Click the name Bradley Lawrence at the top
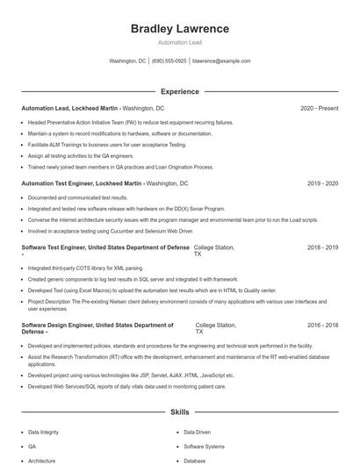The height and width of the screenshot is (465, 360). (x=179, y=29)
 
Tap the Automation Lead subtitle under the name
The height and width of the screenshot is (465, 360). (x=179, y=42)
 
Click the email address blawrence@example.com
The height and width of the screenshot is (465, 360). (x=221, y=61)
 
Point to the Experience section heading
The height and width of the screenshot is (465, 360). (x=179, y=91)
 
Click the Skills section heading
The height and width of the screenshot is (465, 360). (x=179, y=411)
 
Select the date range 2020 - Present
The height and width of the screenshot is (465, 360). (x=319, y=109)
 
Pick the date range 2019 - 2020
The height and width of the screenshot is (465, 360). (x=322, y=183)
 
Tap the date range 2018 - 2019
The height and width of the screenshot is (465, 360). (x=322, y=248)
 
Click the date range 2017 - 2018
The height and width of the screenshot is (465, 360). (x=322, y=325)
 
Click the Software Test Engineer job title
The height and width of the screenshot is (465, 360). (x=104, y=248)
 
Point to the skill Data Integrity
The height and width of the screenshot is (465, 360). (x=45, y=433)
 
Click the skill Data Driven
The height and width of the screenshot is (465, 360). (x=198, y=433)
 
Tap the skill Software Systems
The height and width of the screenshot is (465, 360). (x=204, y=447)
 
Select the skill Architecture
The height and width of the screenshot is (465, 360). (x=41, y=460)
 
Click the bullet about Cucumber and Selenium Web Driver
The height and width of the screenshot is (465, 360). (x=110, y=231)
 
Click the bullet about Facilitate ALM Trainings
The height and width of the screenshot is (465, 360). (x=107, y=144)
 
